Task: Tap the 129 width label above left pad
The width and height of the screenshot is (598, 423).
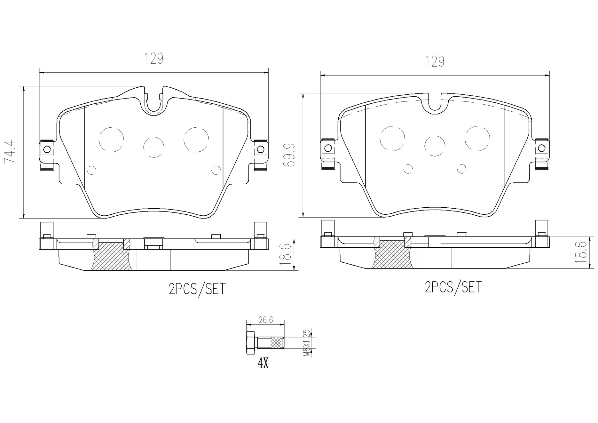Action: tap(154, 59)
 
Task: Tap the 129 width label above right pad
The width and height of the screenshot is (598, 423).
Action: tap(435, 61)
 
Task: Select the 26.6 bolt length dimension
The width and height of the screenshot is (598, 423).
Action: tap(266, 320)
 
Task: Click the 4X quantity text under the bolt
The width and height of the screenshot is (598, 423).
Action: tap(263, 364)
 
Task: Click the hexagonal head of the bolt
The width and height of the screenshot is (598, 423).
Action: tap(251, 343)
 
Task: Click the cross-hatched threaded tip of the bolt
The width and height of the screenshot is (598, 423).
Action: tap(277, 343)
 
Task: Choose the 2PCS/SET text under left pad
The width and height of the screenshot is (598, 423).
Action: tap(197, 289)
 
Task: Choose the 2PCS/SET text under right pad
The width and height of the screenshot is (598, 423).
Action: tap(453, 287)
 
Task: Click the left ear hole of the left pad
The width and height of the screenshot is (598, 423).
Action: tap(47, 149)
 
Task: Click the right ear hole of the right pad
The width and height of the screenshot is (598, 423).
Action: tap(541, 148)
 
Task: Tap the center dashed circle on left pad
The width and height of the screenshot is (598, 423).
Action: tap(154, 147)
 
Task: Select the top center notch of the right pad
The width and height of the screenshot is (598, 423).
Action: tap(434, 103)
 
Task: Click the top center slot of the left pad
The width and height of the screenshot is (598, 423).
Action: tap(154, 101)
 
